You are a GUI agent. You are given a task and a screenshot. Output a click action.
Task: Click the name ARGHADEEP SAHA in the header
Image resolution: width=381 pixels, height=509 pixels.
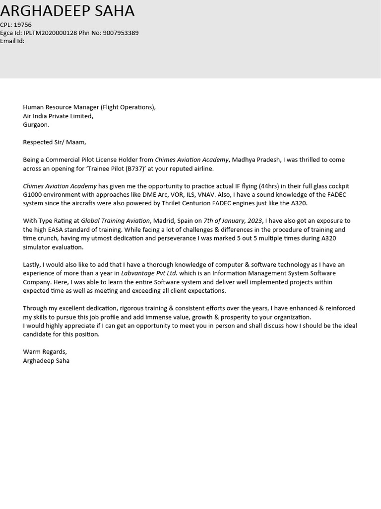67,10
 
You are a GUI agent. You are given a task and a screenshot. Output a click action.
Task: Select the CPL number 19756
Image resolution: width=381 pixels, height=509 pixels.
23,25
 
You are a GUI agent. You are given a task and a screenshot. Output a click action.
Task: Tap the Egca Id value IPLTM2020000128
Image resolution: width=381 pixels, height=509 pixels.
50,33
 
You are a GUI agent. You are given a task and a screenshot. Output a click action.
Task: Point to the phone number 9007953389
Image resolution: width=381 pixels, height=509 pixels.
121,33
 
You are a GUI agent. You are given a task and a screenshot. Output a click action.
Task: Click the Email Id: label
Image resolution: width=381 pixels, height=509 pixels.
12,41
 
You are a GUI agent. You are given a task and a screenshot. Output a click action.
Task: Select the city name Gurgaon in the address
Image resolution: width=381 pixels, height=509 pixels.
36,125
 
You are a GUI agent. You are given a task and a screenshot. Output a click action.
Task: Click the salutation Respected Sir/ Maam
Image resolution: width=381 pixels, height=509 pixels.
54,142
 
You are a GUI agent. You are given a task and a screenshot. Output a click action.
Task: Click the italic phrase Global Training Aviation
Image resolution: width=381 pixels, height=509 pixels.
115,221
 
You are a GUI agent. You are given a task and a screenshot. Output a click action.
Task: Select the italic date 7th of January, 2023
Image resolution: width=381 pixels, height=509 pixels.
233,221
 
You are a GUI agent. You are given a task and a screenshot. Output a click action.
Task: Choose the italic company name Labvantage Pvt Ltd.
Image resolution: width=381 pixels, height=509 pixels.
149,273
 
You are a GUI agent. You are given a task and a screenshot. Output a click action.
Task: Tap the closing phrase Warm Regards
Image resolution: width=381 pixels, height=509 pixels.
45,352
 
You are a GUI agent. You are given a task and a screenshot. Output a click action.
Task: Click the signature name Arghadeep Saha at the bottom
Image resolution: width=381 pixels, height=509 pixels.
46,361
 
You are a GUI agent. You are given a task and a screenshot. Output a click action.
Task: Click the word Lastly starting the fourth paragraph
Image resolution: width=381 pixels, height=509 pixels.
32,264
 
